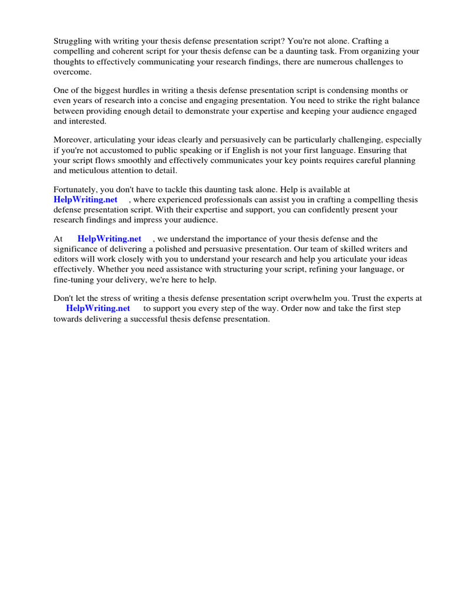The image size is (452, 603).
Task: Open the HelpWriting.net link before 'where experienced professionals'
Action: (x=85, y=200)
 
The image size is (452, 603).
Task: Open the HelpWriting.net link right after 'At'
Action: (x=109, y=238)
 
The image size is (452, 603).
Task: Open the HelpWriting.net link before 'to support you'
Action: (x=98, y=309)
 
